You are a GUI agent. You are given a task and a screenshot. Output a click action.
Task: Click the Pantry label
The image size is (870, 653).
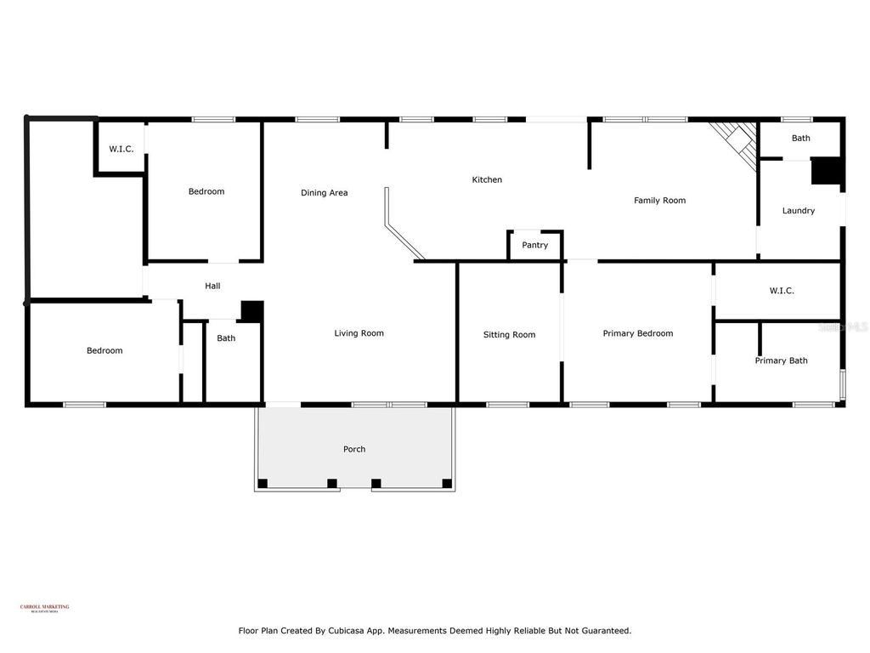[535, 245]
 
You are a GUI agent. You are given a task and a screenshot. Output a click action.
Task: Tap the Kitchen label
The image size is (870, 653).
[487, 179]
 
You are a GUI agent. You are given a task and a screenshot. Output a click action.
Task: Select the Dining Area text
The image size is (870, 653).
[324, 193]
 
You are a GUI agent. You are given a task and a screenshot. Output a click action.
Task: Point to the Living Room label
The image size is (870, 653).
[359, 333]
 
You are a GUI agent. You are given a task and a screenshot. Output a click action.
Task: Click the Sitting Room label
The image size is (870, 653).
[509, 335]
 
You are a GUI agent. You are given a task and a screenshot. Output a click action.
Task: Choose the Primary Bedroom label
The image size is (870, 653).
[637, 333]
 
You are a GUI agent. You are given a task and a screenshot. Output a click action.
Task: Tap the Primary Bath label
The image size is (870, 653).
[781, 361]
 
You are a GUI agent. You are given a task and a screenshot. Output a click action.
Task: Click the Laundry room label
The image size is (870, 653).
[798, 211]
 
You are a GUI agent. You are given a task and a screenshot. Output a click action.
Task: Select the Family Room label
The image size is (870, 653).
[659, 201]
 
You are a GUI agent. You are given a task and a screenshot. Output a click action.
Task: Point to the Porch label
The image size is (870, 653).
[354, 449]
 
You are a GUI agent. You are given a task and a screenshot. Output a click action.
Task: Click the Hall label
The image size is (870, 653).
[212, 287]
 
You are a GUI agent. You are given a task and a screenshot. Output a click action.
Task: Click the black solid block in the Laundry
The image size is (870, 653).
[825, 172]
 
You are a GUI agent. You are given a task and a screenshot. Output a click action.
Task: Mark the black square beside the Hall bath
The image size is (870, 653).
[251, 311]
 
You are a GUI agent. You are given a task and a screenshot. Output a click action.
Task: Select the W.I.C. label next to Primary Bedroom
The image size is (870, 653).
[782, 291]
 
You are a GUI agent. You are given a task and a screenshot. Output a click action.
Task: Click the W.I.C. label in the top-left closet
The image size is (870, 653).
[121, 149]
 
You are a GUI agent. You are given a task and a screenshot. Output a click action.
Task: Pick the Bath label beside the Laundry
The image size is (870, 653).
[800, 138]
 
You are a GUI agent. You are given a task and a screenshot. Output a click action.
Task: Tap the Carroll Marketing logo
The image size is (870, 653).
[44, 608]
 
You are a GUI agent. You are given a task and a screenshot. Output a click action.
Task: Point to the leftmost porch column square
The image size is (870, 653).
[263, 484]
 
